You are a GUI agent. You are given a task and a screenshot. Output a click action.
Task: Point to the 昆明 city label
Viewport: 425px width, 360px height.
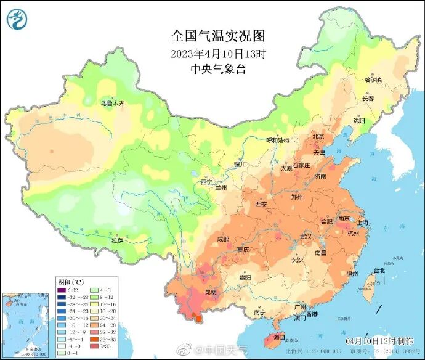pyautogui.click(x=211, y=290)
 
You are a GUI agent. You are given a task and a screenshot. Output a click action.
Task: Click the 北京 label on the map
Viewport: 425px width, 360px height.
pyautogui.click(x=318, y=136)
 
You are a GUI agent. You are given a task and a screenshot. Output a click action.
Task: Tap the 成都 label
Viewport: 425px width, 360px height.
pyautogui.click(x=222, y=239)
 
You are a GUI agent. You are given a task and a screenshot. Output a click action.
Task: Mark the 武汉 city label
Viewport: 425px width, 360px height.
pyautogui.click(x=306, y=236)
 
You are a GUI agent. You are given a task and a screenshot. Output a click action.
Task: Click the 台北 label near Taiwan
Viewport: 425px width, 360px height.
pyautogui.click(x=379, y=270)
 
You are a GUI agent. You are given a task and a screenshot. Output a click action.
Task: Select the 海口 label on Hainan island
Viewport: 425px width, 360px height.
pyautogui.click(x=279, y=337)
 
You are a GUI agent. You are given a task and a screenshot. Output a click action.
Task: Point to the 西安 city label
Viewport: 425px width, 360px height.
pyautogui.click(x=261, y=205)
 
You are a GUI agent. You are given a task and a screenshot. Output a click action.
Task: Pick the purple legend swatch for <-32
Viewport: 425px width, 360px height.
pyautogui.click(x=62, y=290)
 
